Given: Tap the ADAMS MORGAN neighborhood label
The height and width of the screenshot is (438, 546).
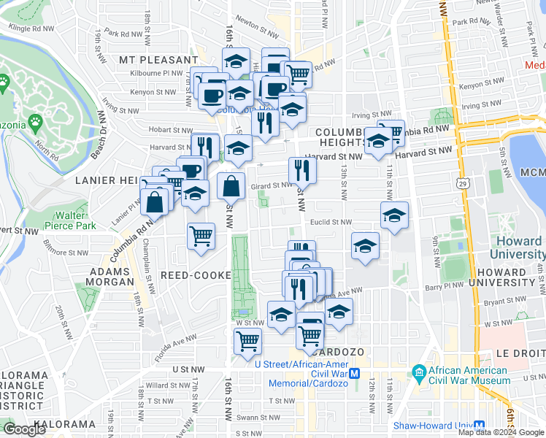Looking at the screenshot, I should pyautogui.click(x=112, y=276).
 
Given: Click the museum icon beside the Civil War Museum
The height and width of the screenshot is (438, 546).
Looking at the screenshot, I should pyautogui.click(x=419, y=373).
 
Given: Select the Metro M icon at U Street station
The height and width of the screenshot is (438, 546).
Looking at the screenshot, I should pyautogui.click(x=355, y=373).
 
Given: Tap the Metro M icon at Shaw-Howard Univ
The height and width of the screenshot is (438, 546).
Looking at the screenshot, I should pyautogui.click(x=480, y=426).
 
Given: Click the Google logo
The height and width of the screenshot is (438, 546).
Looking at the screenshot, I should pyautogui.click(x=25, y=429).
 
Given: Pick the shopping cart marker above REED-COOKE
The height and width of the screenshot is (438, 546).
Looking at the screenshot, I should pyautogui.click(x=201, y=236).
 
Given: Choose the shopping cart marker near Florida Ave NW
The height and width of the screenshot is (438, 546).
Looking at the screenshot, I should pyautogui.click(x=247, y=340).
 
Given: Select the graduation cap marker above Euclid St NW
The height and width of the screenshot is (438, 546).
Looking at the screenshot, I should pyautogui.click(x=394, y=215).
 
